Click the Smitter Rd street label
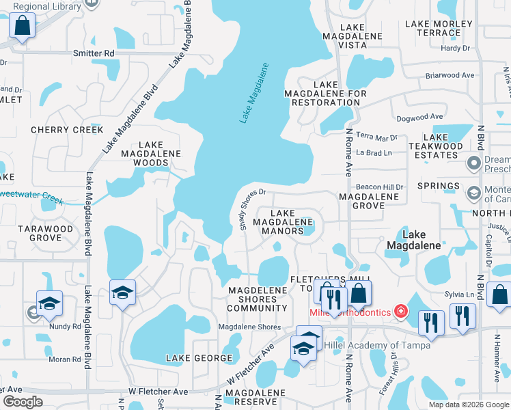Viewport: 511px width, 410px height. (x=95, y=53)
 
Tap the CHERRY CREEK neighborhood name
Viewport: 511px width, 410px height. (x=67, y=130)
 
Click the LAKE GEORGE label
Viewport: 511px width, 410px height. (x=199, y=358)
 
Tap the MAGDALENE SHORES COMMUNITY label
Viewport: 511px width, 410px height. (x=258, y=299)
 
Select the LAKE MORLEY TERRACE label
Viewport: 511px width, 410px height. (x=439, y=28)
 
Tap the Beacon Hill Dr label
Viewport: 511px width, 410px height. (x=380, y=187)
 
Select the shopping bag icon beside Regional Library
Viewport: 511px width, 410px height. (x=23, y=27)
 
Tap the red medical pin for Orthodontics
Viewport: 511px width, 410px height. (x=399, y=312)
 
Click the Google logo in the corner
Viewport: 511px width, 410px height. (x=23, y=402)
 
